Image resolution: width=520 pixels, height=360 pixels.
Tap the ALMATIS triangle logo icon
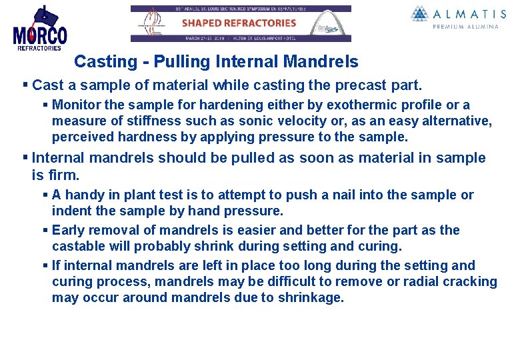pos(420,14)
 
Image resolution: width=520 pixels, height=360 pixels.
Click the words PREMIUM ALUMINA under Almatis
pos(465,27)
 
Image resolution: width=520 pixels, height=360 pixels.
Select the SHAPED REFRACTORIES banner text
pos(239,23)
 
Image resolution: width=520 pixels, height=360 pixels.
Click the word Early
pos(68,230)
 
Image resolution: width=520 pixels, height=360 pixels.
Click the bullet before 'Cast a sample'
pos(25,85)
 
